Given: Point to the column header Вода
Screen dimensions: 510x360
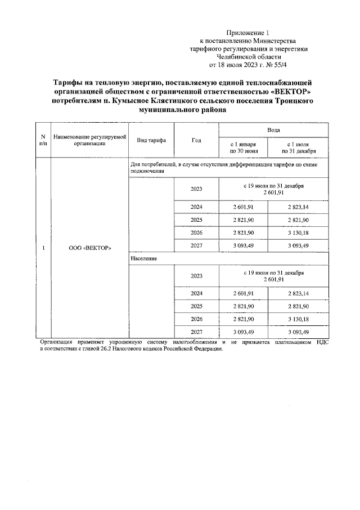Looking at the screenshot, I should tap(274, 129).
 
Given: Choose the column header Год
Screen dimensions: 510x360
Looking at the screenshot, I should tap(196, 140).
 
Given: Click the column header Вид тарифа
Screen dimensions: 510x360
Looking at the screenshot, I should tap(151, 140).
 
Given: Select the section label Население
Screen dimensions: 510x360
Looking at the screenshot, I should tap(143, 258).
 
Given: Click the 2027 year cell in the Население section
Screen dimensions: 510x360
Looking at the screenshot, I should tap(196, 332).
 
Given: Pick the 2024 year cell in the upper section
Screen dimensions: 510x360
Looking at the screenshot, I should tap(196, 207).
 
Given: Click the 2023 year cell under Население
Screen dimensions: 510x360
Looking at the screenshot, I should tap(196, 276).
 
